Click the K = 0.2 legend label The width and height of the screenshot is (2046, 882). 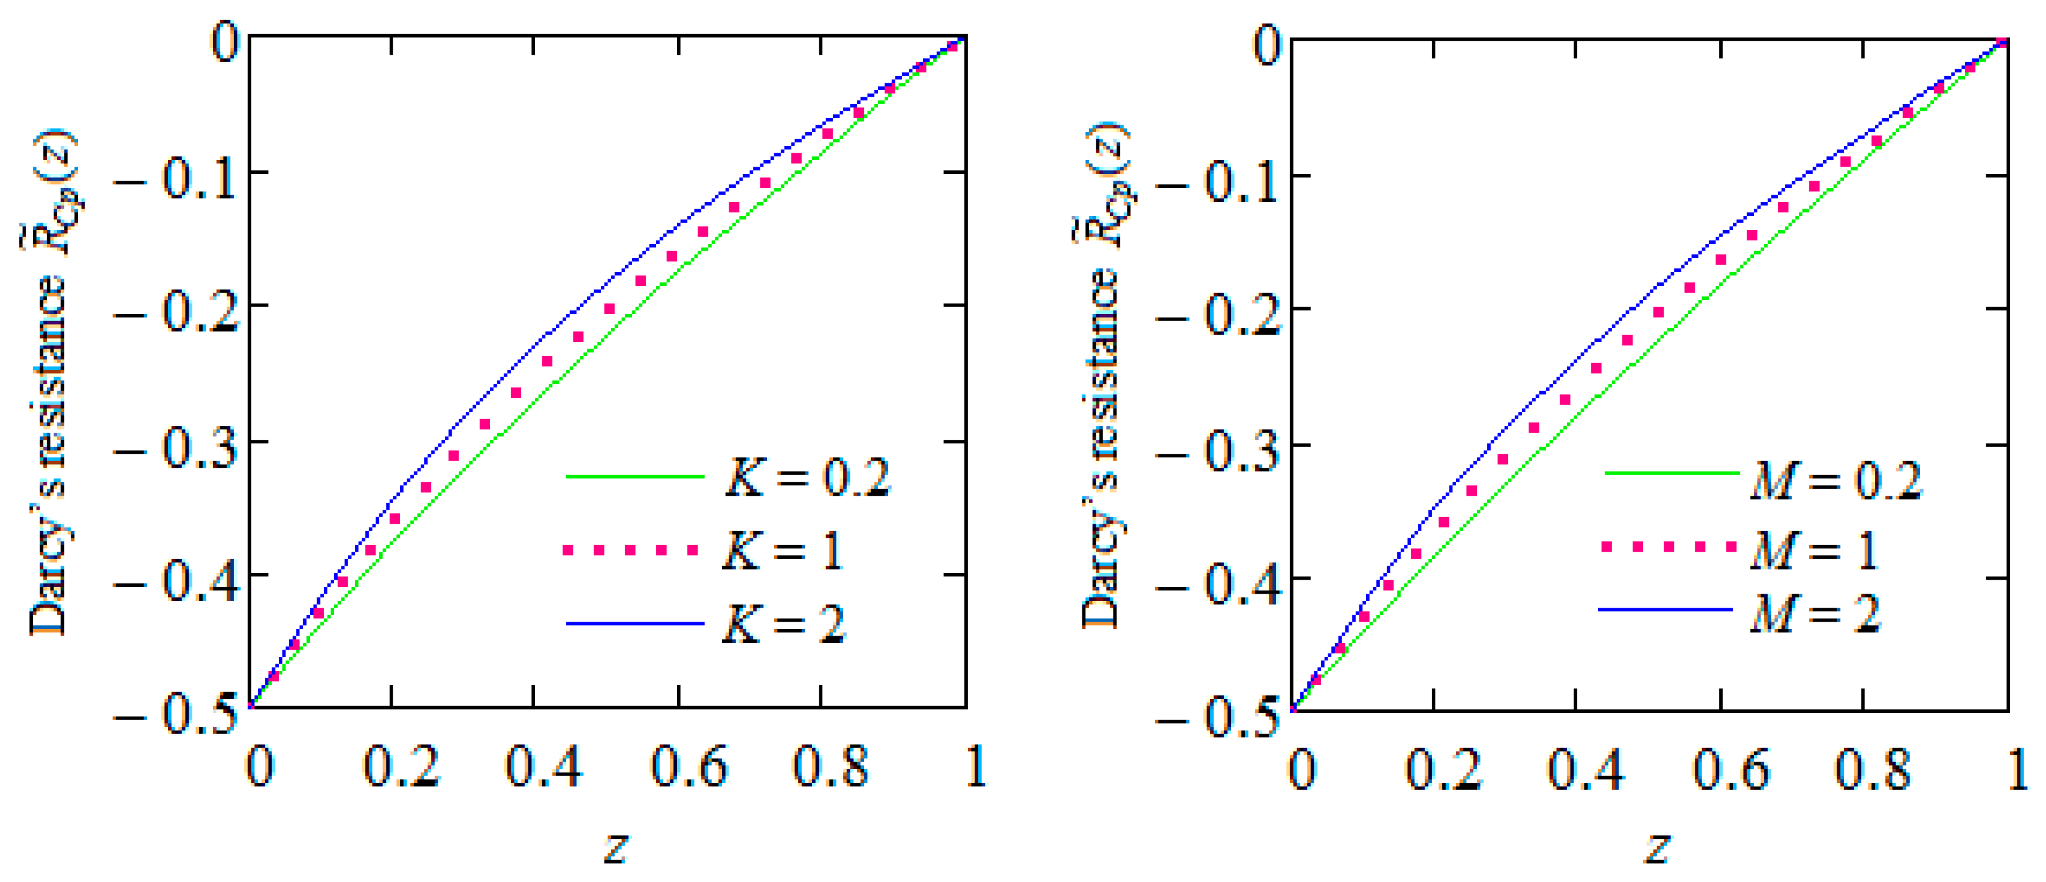[808, 477]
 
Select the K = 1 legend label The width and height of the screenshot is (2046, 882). [783, 549]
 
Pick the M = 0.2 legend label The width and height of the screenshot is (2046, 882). [1835, 481]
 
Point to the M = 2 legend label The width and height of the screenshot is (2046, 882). [1815, 613]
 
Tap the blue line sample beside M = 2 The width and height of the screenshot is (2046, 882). [1665, 609]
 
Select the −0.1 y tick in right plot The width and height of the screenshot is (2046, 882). [1218, 182]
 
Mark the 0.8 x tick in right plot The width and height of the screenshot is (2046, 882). [1872, 769]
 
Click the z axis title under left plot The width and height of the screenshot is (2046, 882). [616, 847]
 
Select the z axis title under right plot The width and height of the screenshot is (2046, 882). [1658, 847]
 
